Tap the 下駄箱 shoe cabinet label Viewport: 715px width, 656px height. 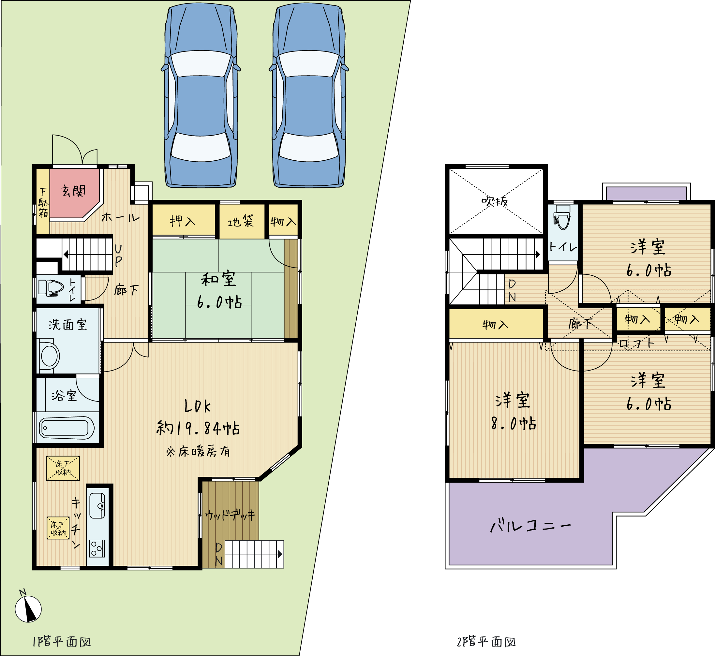[x=43, y=203]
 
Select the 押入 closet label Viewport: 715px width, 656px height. [x=183, y=221]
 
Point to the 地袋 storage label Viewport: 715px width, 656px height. [x=241, y=221]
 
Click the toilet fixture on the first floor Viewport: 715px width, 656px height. [x=51, y=287]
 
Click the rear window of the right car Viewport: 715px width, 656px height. [x=309, y=147]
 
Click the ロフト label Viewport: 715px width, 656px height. [x=636, y=343]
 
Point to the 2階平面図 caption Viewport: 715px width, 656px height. [x=486, y=642]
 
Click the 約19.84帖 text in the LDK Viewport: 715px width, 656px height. [x=198, y=428]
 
